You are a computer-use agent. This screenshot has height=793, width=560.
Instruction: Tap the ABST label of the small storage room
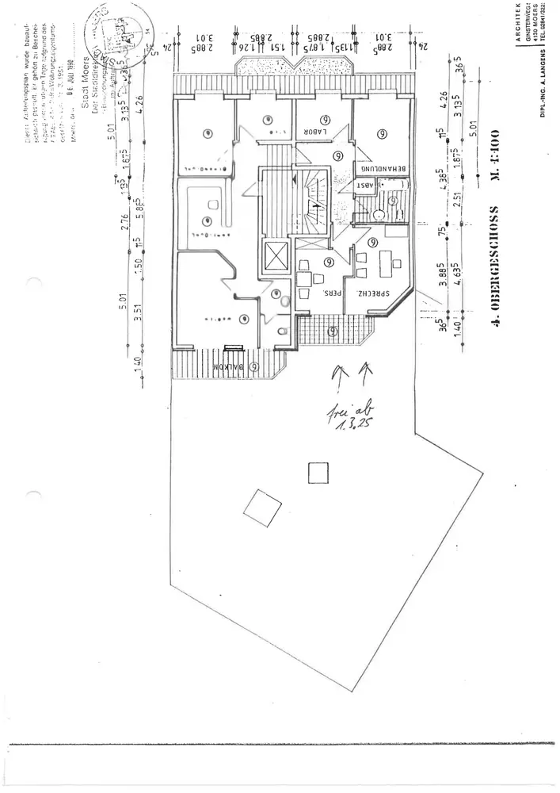point(366,185)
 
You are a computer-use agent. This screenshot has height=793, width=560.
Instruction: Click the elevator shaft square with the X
point(277,255)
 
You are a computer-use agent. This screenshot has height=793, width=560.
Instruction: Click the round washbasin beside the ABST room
point(379,213)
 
